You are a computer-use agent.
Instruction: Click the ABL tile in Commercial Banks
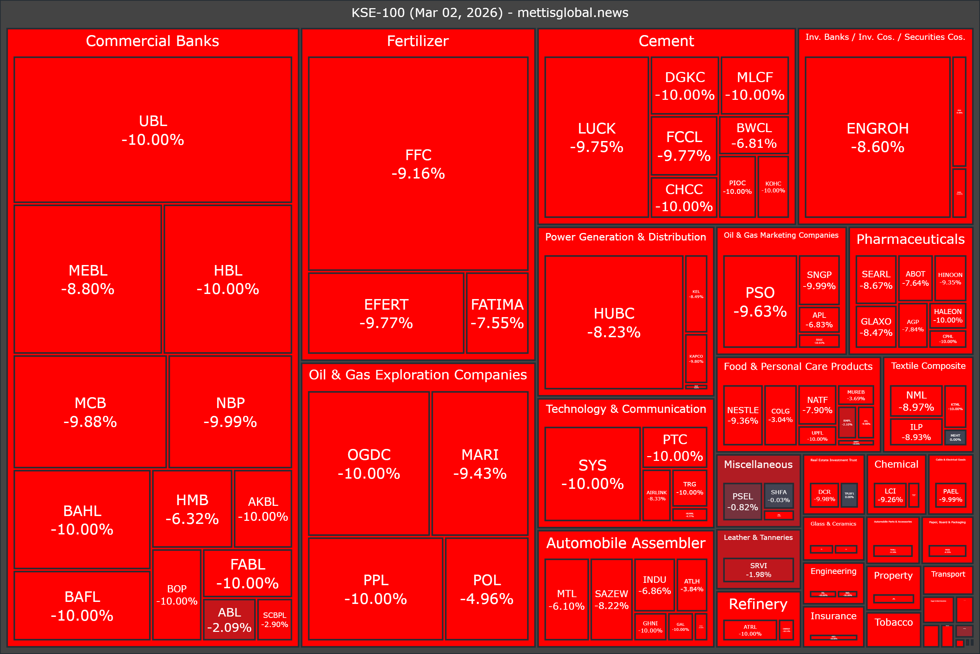229,619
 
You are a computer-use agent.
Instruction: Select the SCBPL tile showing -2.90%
275,619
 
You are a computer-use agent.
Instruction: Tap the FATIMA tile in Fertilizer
497,313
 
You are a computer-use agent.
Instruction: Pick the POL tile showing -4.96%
487,589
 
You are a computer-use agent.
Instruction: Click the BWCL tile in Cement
754,135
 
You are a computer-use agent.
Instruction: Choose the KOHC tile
773,187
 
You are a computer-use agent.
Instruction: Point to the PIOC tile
737,187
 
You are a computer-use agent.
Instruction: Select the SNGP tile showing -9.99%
819,280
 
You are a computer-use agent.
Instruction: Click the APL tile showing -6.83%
819,320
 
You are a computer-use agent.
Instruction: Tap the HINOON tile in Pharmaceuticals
950,278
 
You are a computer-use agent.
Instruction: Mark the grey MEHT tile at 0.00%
955,437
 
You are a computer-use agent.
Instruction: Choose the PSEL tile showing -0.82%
742,501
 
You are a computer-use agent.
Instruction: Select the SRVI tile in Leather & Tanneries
758,570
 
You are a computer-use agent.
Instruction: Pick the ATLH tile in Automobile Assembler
692,585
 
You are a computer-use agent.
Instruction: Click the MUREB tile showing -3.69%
855,395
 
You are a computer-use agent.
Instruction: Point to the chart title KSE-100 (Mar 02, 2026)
490,13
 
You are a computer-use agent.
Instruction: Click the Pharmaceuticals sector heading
911,239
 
